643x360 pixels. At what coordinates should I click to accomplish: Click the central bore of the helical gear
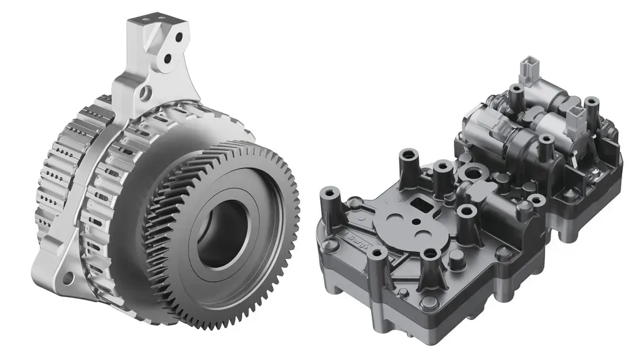pyautogui.click(x=221, y=233)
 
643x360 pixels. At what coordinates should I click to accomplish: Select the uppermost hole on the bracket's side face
pyautogui.click(x=179, y=37)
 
